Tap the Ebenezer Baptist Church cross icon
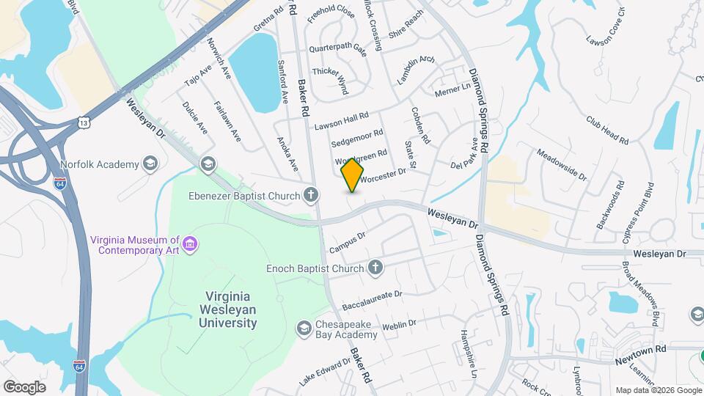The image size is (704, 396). click(312, 195)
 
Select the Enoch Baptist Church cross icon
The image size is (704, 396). click(375, 268)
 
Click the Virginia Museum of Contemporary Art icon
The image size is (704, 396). click(190, 243)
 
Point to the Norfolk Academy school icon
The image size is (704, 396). click(150, 164)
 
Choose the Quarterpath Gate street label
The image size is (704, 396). click(337, 48)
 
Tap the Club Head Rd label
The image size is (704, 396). click(607, 130)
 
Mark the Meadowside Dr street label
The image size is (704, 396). click(562, 165)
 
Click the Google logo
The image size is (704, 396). click(24, 386)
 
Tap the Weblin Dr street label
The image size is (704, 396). click(399, 323)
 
